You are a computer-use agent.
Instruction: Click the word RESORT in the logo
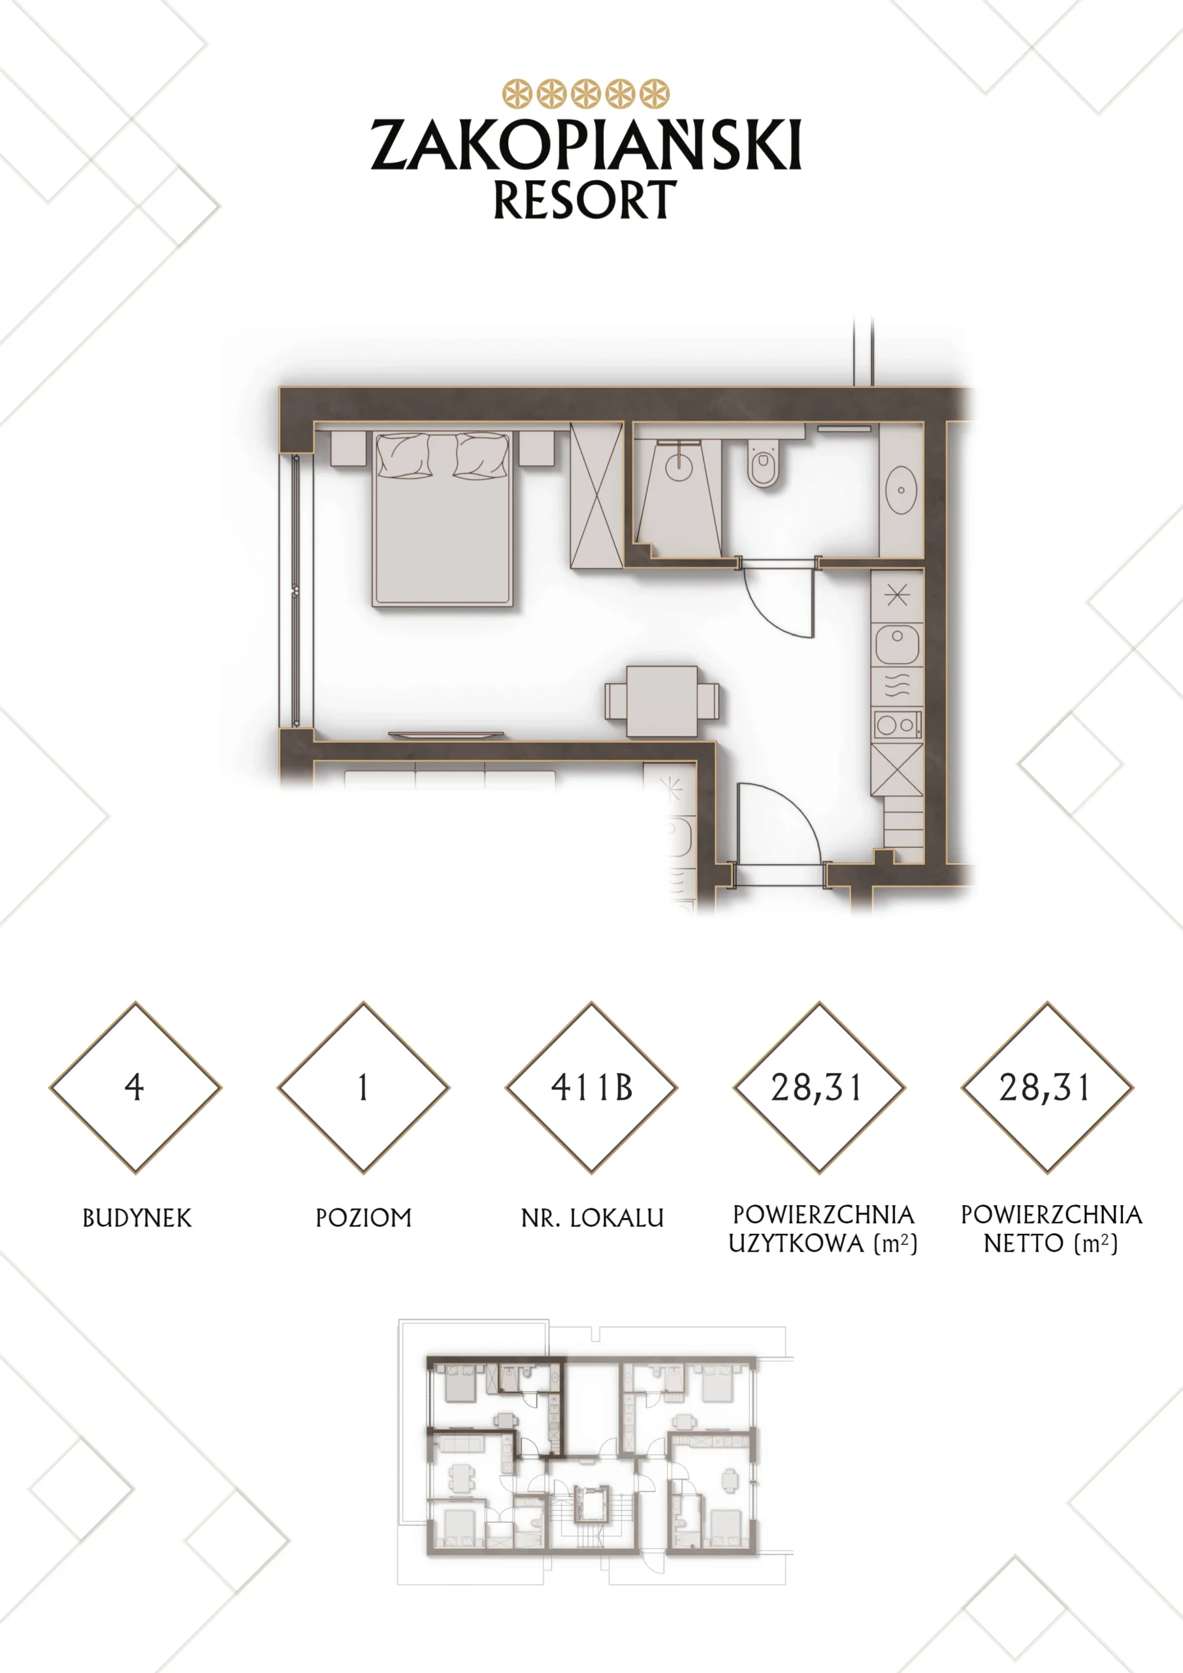(x=585, y=200)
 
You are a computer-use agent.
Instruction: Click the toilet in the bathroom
(x=764, y=463)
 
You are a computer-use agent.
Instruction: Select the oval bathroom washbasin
(x=901, y=489)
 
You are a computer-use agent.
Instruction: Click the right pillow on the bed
(x=481, y=456)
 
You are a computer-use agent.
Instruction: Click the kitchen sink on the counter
(x=898, y=644)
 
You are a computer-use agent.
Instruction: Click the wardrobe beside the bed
(x=596, y=495)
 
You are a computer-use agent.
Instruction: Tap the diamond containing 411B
(x=592, y=1087)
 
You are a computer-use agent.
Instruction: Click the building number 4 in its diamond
(x=135, y=1087)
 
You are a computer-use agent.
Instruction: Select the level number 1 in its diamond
(x=363, y=1087)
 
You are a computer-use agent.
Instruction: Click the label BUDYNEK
(x=137, y=1217)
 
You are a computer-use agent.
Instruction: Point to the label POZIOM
(x=363, y=1217)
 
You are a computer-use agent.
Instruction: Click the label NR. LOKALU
(x=592, y=1217)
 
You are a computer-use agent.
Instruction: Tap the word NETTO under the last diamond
(x=1024, y=1242)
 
